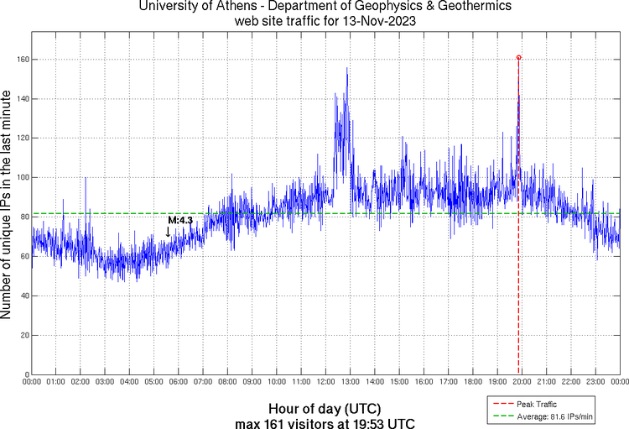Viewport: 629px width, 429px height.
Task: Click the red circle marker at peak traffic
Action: click(x=518, y=58)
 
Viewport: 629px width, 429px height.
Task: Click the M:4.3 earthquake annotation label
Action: click(x=180, y=220)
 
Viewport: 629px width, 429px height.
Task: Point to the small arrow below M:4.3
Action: click(x=168, y=232)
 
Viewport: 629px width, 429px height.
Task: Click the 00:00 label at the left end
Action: click(x=32, y=382)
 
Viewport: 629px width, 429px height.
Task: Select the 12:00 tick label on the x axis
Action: click(x=326, y=382)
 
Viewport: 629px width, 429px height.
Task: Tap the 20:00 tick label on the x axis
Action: click(x=522, y=382)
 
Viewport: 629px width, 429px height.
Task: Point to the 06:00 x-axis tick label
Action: click(x=179, y=382)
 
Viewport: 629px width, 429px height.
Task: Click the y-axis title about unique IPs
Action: click(x=8, y=206)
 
